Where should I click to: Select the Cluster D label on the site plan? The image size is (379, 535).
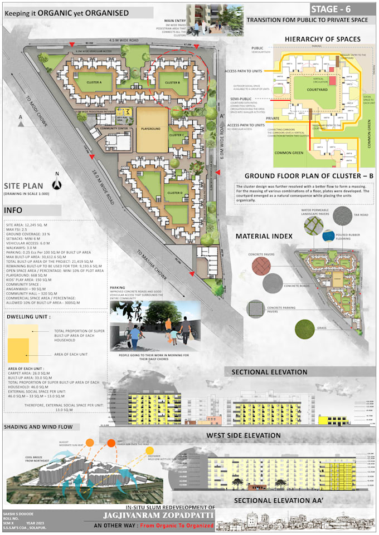tap(173, 193)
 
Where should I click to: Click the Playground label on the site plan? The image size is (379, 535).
tap(152, 129)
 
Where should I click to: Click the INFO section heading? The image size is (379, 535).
tap(13, 211)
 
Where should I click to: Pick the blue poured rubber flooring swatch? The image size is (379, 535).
tap(329, 237)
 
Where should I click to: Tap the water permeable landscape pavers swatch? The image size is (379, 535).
tap(313, 224)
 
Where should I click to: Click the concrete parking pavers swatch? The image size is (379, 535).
tap(256, 308)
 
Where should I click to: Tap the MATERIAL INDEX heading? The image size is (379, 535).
tap(264, 236)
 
